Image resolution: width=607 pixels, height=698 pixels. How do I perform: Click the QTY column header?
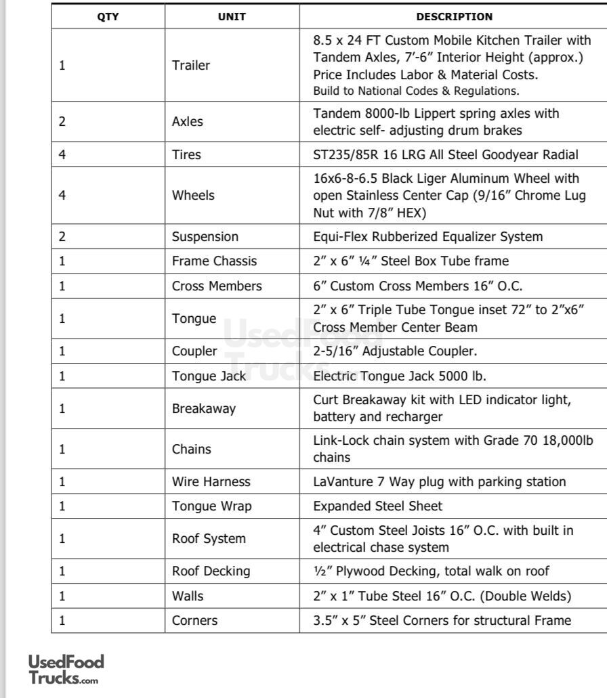coord(108,17)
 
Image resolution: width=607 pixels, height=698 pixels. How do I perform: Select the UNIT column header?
coord(232,17)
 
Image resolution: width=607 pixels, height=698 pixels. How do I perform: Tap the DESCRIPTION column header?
coord(454,17)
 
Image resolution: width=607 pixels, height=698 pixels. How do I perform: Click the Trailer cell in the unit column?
coord(191,66)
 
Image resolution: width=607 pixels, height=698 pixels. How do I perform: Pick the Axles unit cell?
coord(188,122)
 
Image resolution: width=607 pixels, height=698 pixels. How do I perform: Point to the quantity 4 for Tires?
coord(62,155)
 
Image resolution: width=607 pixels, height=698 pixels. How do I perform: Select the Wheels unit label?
coord(193,196)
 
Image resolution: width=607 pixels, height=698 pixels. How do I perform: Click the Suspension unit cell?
coord(205,237)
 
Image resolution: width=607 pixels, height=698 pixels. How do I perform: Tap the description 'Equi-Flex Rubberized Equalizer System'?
coord(427,237)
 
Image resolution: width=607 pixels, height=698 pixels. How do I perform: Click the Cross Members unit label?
coord(217,286)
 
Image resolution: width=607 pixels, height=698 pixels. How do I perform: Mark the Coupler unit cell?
coord(194,351)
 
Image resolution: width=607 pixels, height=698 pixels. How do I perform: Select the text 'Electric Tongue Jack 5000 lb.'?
coord(399,376)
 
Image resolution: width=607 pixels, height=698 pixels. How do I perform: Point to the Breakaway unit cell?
coord(203,409)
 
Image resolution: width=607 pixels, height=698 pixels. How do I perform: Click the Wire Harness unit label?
coord(211,482)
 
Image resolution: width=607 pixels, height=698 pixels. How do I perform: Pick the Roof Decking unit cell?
coord(211,571)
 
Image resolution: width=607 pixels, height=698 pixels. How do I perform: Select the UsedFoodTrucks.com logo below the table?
coord(66,669)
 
